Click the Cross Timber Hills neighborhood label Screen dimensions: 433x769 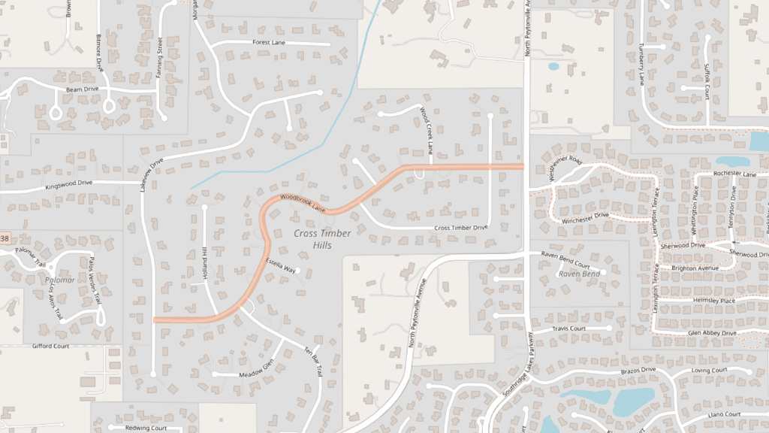click(x=323, y=238)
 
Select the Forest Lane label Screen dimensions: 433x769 click(x=269, y=43)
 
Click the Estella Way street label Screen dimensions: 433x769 click(x=282, y=265)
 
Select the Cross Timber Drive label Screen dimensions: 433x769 click(x=461, y=227)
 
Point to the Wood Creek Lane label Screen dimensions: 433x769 click(x=426, y=130)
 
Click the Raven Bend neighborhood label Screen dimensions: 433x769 click(x=580, y=274)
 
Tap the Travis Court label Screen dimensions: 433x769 click(x=568, y=329)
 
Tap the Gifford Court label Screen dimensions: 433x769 click(x=50, y=347)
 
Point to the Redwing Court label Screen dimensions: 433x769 click(x=146, y=428)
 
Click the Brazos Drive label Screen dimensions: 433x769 click(x=639, y=371)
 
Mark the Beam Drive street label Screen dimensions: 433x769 click(x=83, y=89)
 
